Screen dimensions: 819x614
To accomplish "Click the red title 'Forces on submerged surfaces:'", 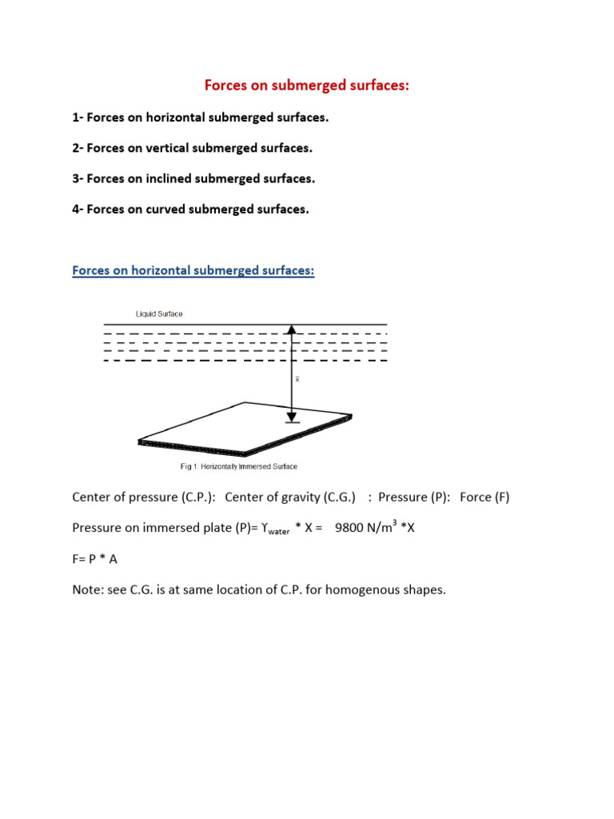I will [306, 85].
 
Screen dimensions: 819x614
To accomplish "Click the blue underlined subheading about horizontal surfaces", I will [193, 270].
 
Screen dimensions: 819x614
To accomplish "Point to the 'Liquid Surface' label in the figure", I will [159, 314].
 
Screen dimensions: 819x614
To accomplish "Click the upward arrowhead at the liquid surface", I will [293, 329].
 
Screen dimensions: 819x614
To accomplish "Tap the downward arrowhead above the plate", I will [293, 416].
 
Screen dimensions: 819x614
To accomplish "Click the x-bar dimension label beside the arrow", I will [298, 380].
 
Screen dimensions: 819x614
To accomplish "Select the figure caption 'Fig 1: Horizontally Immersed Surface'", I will [229, 466].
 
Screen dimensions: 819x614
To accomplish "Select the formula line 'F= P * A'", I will [98, 559].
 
